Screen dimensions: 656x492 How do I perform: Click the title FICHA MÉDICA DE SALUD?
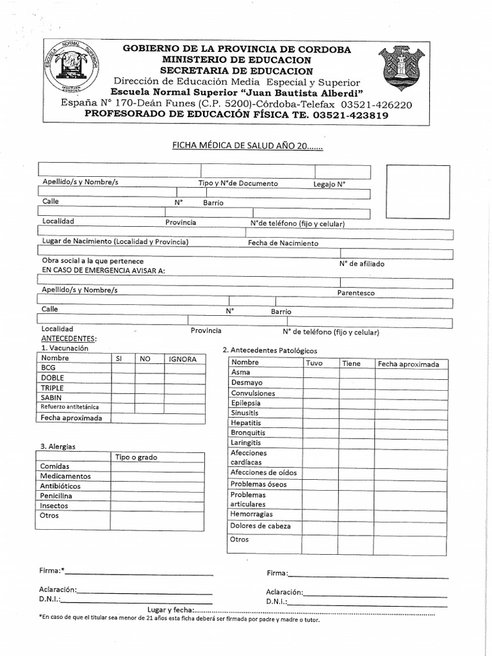point(247,145)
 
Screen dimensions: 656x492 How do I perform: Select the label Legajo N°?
point(329,183)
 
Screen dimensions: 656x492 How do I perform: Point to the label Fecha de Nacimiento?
point(283,243)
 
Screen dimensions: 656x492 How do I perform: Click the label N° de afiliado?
point(362,263)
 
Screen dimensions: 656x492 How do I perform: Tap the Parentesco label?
point(356,293)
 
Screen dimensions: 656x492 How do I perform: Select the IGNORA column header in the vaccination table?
point(183,359)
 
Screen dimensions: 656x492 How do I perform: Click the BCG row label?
point(49,368)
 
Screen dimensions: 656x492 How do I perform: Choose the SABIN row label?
point(51,398)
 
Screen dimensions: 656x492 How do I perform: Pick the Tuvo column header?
point(315,363)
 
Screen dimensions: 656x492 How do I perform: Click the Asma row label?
point(241,372)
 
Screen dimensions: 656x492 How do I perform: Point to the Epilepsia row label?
point(246,403)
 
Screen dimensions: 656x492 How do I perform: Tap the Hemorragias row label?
point(252,514)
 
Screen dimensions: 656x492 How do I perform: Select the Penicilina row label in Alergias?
point(56,496)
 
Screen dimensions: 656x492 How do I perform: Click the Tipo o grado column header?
point(136,457)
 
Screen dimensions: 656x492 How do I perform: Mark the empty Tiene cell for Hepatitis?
point(356,423)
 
